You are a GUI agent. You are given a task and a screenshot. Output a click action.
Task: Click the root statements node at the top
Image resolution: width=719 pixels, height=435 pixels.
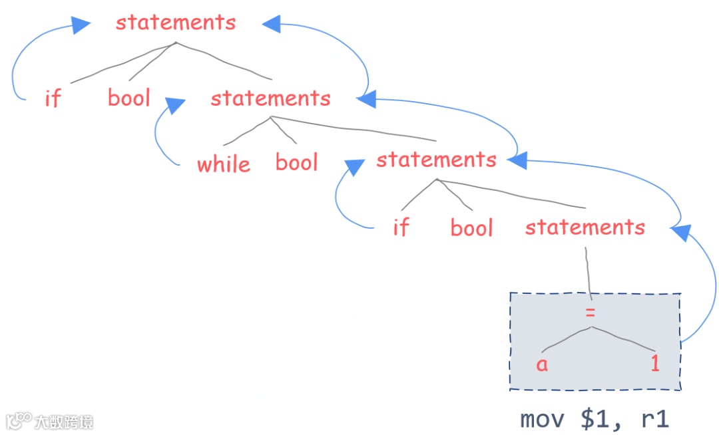tap(176, 23)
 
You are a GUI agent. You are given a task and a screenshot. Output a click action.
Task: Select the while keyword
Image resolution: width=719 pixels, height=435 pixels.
tap(224, 164)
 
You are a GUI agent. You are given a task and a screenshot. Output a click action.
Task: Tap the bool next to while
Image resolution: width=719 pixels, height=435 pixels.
tap(297, 162)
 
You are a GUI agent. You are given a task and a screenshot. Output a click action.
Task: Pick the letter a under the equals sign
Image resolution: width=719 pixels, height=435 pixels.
tap(542, 364)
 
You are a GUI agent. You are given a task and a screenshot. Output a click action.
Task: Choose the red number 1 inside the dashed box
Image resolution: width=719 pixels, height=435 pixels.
tap(656, 364)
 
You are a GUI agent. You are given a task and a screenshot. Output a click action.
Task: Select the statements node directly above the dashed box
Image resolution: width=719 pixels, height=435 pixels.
tap(585, 227)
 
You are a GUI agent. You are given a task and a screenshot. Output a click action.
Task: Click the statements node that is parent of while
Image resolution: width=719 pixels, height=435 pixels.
tap(270, 98)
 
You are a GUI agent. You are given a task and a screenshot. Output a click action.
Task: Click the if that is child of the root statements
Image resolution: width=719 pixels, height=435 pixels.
tap(53, 98)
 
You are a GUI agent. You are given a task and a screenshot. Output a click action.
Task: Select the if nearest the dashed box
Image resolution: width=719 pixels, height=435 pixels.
tap(401, 227)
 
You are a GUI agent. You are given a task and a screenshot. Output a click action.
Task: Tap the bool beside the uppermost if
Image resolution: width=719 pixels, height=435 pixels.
tap(129, 98)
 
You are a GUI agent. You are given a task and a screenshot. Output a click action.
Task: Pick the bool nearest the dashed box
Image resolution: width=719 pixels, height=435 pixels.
tap(471, 227)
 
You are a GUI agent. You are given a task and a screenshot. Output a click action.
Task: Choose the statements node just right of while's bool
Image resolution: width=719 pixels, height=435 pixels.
tap(436, 160)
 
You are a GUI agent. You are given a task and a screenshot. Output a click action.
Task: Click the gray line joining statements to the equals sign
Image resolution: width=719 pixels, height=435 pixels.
tap(588, 273)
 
